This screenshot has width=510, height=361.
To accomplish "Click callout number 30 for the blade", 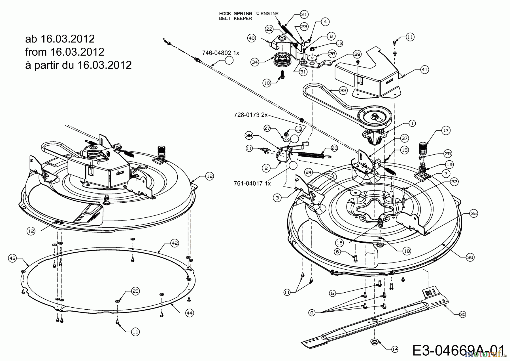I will pos(462,314).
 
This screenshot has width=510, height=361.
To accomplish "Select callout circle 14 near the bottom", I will pos(395,349).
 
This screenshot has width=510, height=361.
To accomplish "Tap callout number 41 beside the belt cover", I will pos(425,70).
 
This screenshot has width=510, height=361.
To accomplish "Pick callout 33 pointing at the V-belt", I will pos(343,91).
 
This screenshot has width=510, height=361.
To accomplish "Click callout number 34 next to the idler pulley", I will pos(255,62).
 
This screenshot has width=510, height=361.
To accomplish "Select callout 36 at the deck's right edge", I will pos(470,257).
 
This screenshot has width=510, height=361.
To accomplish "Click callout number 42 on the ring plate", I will pos(175,243).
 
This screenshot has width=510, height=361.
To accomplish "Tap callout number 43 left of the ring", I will pos(12,258).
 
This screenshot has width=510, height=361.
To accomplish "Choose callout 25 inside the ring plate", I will pos(135,291).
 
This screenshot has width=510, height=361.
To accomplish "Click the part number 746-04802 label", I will pos(221,53).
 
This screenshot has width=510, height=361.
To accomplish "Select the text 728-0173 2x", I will pos(250,115).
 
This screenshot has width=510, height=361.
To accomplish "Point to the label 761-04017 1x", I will pos(252,184).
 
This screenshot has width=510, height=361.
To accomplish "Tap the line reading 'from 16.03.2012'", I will pos(65,52).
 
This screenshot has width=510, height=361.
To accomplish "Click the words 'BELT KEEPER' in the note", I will pos(235,18).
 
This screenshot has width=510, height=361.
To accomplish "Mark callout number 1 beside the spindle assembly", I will pos(412,123).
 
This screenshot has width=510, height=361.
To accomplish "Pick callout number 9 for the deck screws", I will pos(312,313).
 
